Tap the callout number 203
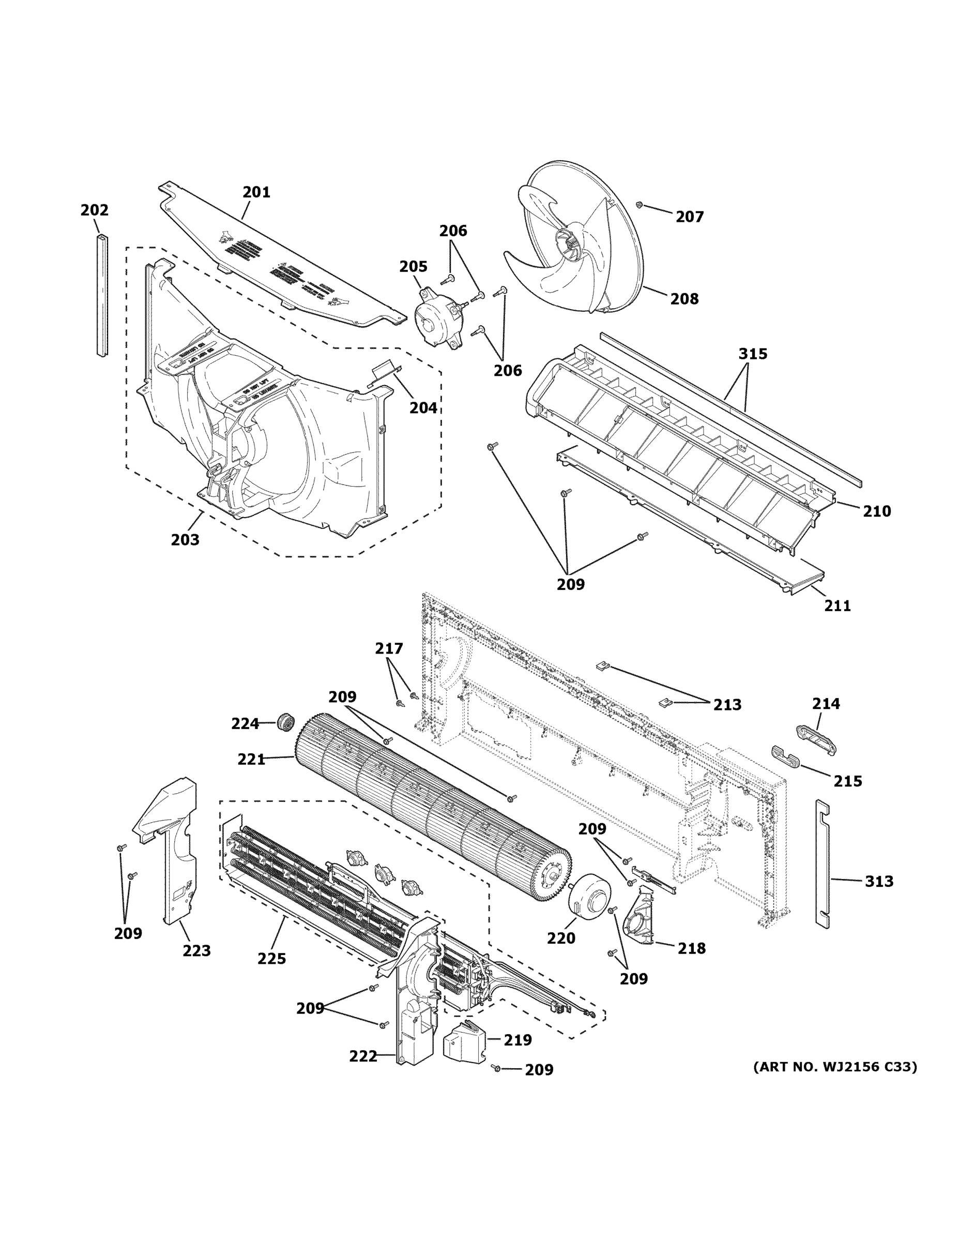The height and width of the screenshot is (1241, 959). [185, 539]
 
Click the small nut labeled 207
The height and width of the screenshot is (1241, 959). [639, 205]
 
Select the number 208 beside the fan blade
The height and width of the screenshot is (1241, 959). [684, 298]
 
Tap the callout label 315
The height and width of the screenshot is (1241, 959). [752, 354]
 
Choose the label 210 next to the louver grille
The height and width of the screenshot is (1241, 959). [877, 511]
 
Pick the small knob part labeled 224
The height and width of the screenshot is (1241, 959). [286, 723]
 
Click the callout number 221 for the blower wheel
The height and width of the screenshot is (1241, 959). [252, 759]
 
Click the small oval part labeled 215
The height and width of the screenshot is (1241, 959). [785, 756]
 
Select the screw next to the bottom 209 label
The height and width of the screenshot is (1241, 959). [496, 1069]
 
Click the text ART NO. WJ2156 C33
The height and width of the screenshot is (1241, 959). [834, 1067]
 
